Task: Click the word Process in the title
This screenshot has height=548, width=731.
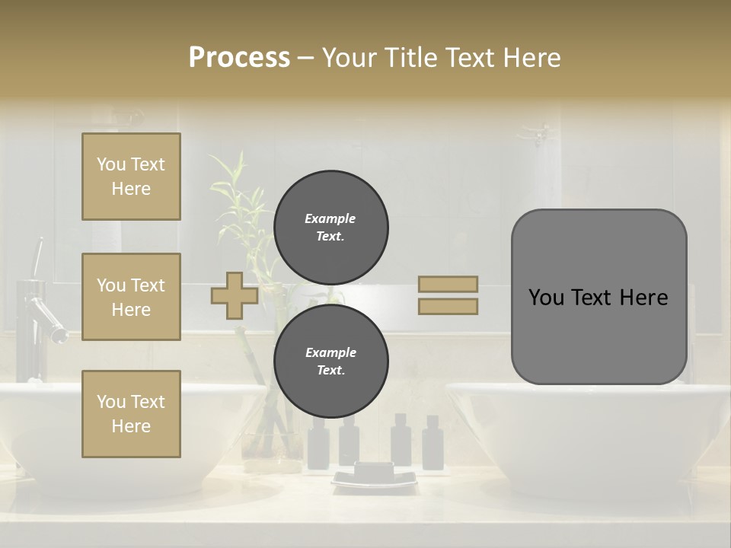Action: point(239,58)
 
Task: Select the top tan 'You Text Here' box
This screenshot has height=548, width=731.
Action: point(131,177)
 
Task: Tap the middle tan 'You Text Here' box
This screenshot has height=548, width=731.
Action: point(131,297)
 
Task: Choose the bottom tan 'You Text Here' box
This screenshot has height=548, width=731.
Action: point(131,414)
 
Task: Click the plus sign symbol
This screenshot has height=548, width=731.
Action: point(235,295)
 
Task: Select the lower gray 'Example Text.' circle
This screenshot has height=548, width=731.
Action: point(330,362)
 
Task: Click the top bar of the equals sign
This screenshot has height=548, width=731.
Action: point(448,284)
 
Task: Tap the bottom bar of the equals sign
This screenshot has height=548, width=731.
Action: point(448,306)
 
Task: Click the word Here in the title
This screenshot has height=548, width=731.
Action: point(528,58)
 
